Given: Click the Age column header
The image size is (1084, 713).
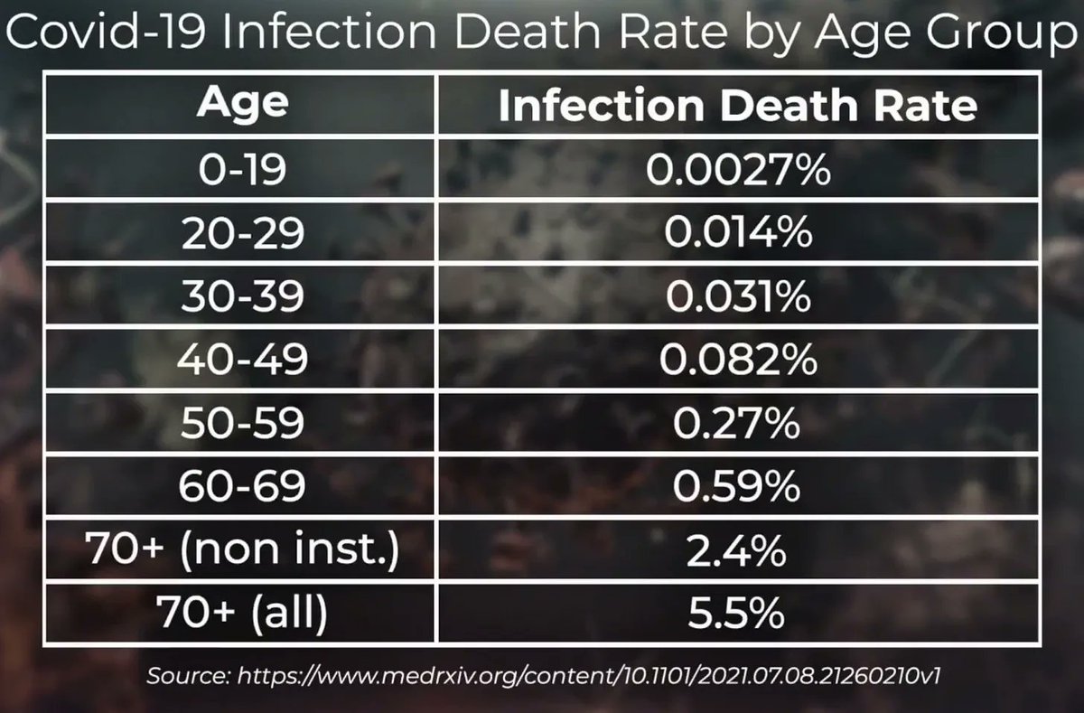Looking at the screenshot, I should (x=243, y=104).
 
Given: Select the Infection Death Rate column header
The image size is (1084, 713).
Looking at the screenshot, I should (x=737, y=106).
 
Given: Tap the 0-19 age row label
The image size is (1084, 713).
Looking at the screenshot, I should (x=243, y=170).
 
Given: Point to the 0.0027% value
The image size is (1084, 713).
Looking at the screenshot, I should (x=737, y=170).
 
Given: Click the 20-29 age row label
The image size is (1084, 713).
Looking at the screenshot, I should (x=243, y=234).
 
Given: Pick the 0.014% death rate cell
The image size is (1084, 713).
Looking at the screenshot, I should (x=737, y=234).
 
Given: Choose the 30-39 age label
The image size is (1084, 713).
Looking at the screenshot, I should (x=243, y=297).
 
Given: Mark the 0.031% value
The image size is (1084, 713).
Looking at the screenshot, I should (x=737, y=297).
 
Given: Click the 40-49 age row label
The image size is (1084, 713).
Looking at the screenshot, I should (x=243, y=361).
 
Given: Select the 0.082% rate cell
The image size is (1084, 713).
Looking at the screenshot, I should (x=737, y=361).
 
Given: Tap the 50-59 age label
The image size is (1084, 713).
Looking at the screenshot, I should (x=243, y=424).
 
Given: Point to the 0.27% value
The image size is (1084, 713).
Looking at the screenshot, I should (x=737, y=424).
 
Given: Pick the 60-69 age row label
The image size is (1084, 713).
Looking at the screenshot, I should (x=243, y=487).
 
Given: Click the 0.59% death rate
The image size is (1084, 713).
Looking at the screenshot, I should (x=737, y=487).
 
